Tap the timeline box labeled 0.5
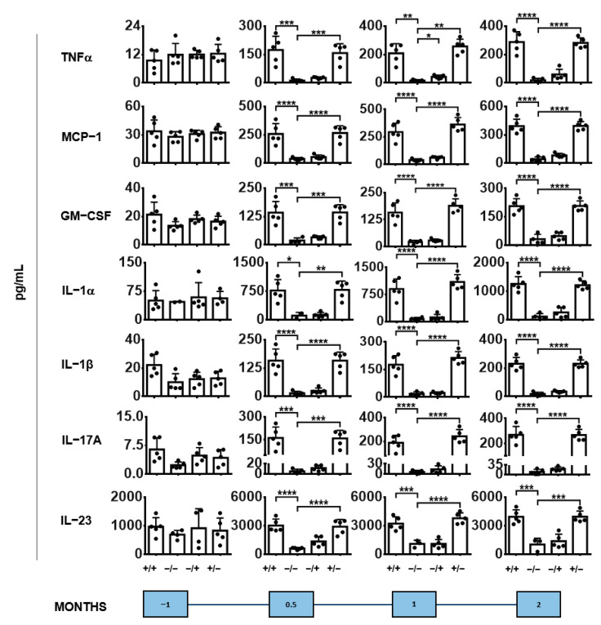tap(292, 605)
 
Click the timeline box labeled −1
tap(166, 605)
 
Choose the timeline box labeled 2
tap(540, 605)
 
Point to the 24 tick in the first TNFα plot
tap(127, 26)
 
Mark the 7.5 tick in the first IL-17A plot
tap(124, 445)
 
